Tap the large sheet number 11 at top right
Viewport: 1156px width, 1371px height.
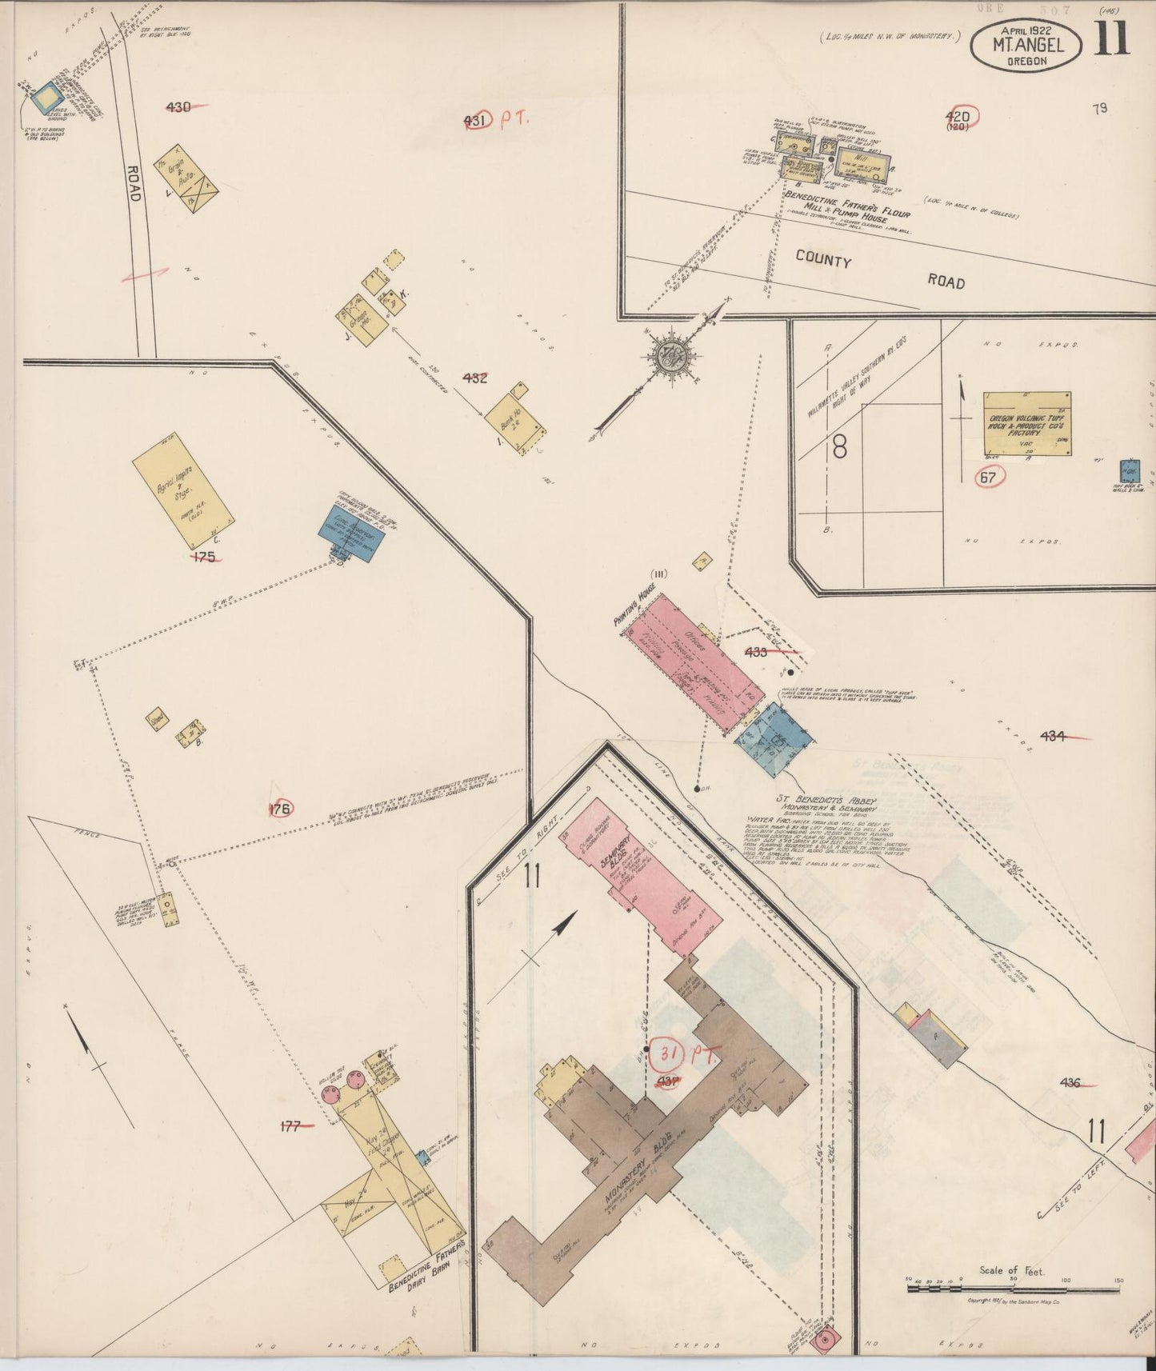(x=1112, y=38)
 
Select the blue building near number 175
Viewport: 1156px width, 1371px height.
(x=351, y=532)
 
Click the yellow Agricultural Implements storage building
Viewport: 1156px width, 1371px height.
(x=183, y=489)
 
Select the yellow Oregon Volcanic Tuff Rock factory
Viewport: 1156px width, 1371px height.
(x=1026, y=423)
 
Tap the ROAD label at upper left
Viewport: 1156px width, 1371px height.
(x=134, y=182)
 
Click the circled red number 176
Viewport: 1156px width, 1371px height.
(x=279, y=809)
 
